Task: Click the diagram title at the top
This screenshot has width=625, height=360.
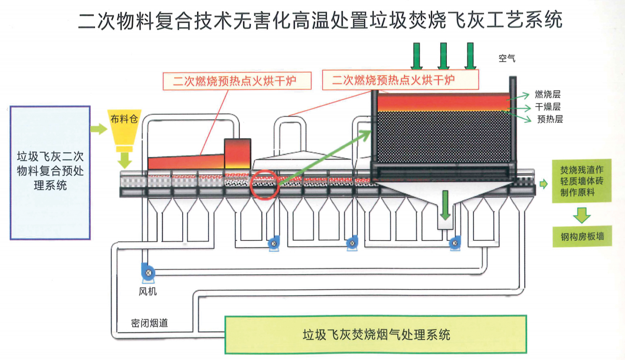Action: click(320, 21)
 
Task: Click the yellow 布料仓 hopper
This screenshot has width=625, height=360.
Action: click(124, 129)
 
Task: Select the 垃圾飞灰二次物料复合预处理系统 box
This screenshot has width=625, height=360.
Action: click(50, 172)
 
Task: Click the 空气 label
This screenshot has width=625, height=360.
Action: click(506, 58)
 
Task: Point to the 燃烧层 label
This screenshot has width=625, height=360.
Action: click(547, 94)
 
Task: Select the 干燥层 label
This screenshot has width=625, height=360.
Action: click(548, 107)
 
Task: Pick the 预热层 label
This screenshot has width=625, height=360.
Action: click(549, 119)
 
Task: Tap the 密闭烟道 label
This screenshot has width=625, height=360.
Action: click(149, 323)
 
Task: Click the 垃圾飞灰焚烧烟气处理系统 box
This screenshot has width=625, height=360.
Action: click(375, 334)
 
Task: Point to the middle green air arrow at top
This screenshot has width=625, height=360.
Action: click(444, 56)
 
